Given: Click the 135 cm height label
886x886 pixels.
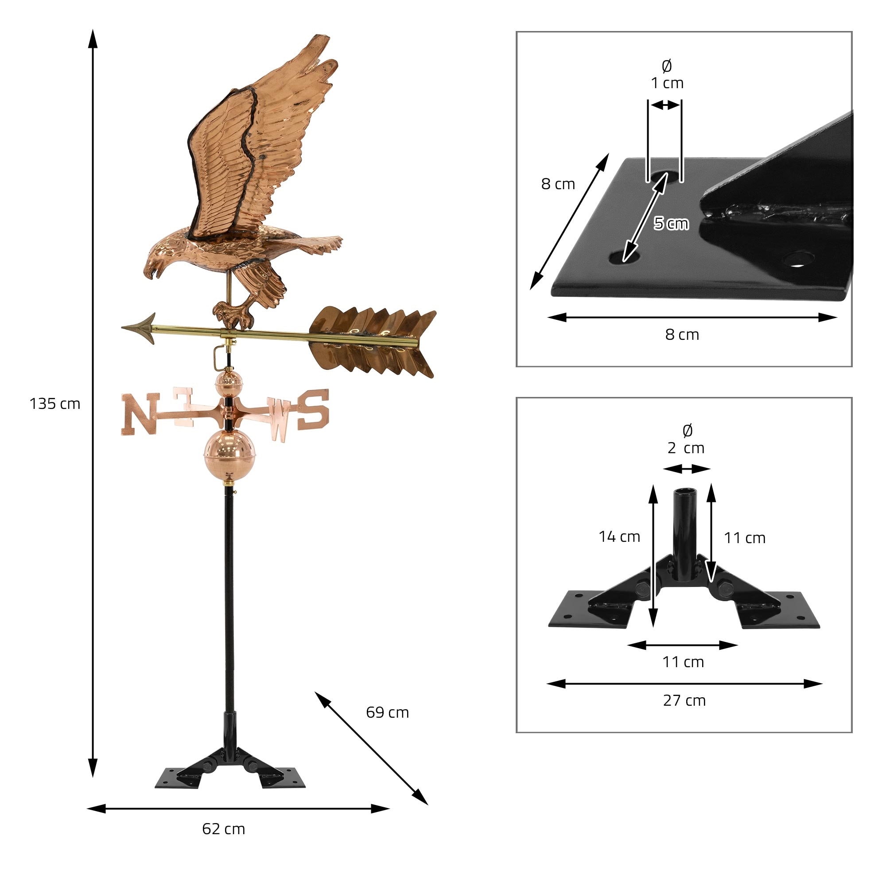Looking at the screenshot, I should click(54, 404).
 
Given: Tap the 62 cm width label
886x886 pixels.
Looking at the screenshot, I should click(223, 829).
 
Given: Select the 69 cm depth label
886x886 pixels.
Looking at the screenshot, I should click(387, 713).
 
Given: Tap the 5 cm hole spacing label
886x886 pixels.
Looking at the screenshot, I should click(671, 223).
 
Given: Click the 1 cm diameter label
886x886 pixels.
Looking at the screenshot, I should click(667, 83).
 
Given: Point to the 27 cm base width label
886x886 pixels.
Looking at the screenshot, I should click(684, 701).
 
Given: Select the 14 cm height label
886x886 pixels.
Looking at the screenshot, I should click(619, 536).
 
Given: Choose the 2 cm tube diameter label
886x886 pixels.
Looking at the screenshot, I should click(686, 447).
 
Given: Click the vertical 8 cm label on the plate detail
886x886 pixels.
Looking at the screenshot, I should click(558, 184).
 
